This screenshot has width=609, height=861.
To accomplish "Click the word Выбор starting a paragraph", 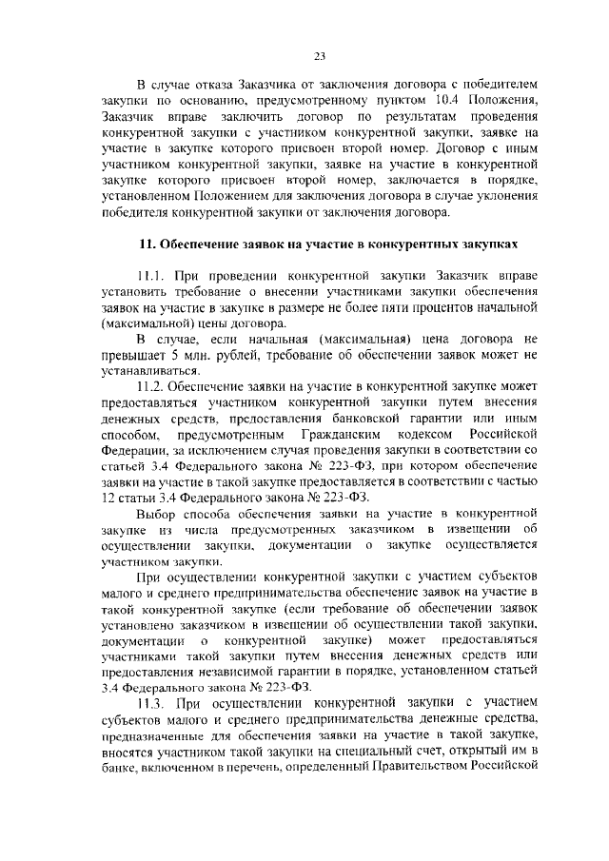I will click(x=157, y=514).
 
